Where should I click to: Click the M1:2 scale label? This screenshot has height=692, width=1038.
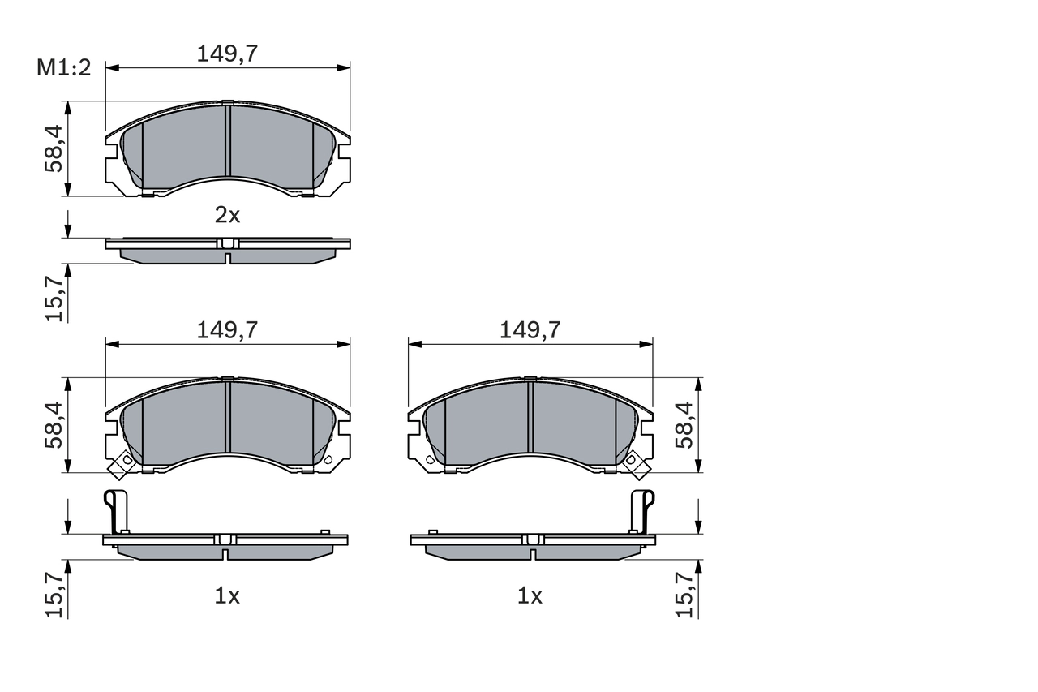coord(63,68)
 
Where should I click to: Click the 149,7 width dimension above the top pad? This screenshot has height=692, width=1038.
coord(227,54)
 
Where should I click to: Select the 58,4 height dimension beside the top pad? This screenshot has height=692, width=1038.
coord(54,148)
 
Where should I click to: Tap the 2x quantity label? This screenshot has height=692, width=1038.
coord(227,215)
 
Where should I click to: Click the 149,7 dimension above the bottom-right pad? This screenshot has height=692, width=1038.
coord(530,329)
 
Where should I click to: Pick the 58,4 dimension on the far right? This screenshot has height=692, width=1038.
coord(685,424)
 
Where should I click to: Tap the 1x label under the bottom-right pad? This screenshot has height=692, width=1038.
coord(530,596)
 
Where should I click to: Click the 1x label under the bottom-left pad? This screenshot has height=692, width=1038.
coord(227,596)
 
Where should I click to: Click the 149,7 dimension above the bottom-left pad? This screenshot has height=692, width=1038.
coord(227,329)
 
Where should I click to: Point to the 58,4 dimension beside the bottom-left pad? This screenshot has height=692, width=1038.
coord(54,424)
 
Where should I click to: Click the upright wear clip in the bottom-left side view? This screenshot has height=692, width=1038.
coord(117,511)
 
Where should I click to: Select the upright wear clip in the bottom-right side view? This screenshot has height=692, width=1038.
coord(642,511)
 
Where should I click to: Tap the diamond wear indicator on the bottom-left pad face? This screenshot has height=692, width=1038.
coord(124,462)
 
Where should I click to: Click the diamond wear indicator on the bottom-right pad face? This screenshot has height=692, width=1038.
coord(634,462)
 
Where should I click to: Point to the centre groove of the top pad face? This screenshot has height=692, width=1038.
coord(228,141)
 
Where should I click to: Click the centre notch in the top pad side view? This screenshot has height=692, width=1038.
coord(228,258)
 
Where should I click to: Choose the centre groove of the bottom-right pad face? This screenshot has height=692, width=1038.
coord(530,417)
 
